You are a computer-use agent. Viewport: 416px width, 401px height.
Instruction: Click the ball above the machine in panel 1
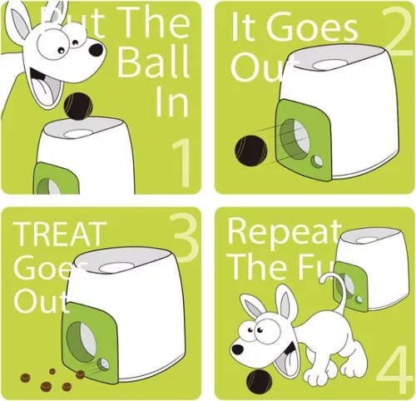point(77,106)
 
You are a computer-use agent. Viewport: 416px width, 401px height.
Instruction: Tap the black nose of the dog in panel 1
point(96,50)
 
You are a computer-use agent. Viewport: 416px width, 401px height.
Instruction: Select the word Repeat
point(284,232)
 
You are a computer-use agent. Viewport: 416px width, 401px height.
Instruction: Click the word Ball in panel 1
point(153,62)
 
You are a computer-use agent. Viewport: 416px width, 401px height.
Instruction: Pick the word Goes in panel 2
point(317,31)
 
